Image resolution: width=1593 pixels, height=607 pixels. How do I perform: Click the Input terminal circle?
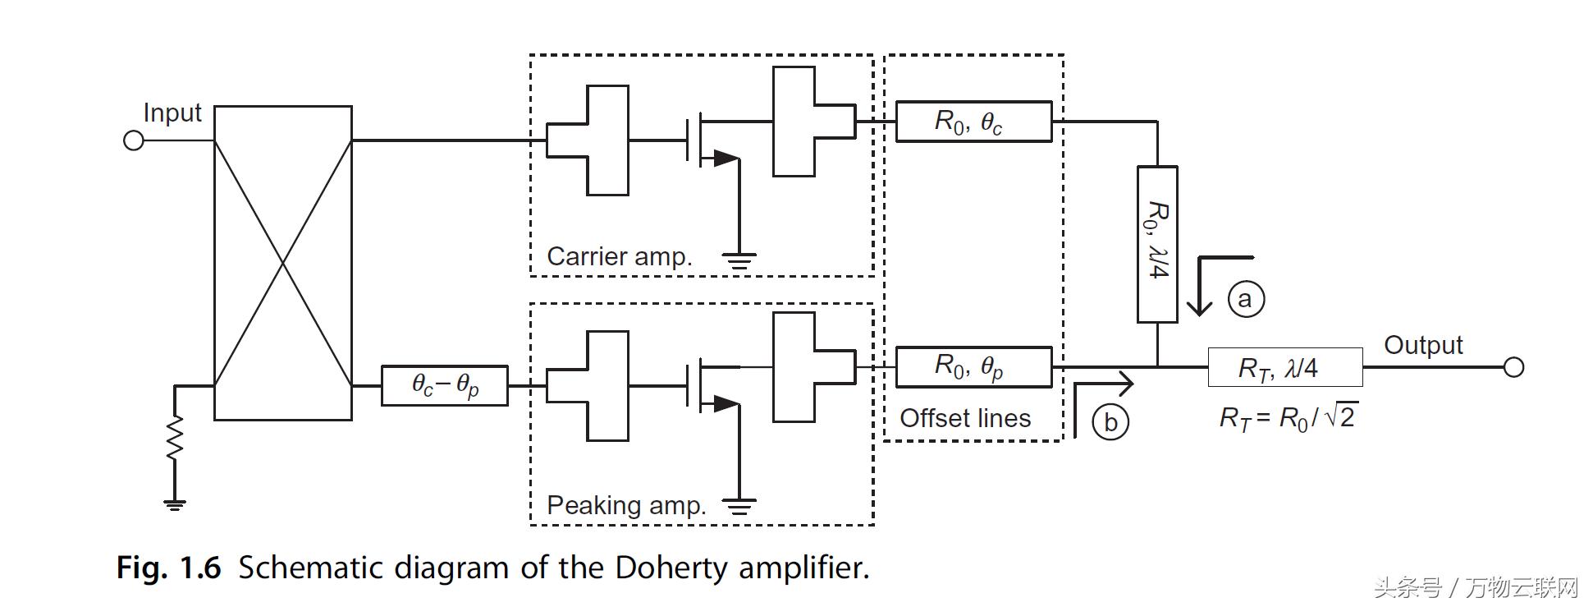tap(133, 140)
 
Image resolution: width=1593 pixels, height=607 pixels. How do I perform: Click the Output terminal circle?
tap(1513, 367)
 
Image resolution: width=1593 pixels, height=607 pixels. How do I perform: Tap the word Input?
tap(172, 113)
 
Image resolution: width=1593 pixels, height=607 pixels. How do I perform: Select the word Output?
tap(1423, 345)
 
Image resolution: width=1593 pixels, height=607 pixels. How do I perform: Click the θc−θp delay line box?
tap(445, 385)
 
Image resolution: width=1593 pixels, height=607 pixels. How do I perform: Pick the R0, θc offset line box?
tap(973, 122)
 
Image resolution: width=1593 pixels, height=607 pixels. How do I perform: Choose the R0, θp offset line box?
tap(973, 367)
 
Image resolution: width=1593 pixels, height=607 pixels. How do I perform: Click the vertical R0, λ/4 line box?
tap(1157, 244)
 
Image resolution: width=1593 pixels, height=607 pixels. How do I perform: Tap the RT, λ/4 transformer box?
tap(1285, 367)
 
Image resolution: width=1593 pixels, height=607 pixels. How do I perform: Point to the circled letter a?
tap(1246, 298)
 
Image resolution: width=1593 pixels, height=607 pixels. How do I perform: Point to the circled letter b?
tap(1110, 422)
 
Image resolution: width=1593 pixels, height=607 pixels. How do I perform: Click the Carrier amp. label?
tap(620, 256)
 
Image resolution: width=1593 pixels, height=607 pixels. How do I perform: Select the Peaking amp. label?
tap(626, 505)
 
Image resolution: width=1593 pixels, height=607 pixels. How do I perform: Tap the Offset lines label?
tap(965, 418)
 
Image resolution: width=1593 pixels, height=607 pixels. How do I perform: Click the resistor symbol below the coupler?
tap(175, 437)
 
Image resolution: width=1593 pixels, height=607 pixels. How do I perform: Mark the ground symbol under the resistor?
tap(174, 504)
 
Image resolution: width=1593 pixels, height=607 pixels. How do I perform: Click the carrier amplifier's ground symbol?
tap(739, 261)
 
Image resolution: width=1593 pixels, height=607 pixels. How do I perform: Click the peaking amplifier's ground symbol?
tap(739, 505)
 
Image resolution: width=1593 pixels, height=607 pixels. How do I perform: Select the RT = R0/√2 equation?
tap(1287, 418)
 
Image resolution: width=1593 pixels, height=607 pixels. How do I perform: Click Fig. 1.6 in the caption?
tap(169, 568)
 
